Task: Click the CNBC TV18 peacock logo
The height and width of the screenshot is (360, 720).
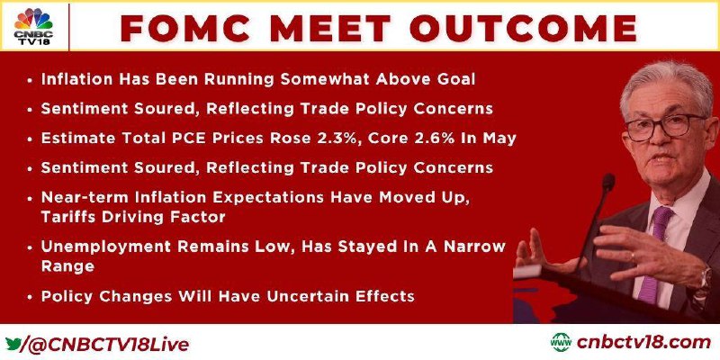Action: click(33, 26)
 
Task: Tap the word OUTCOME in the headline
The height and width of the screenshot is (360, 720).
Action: click(524, 28)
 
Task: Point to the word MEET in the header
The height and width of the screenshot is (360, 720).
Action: click(330, 28)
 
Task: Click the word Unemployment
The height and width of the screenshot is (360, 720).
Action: click(106, 247)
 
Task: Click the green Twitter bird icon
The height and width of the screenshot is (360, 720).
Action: click(13, 344)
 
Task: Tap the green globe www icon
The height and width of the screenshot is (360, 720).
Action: click(561, 343)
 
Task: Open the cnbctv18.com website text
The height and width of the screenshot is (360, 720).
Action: click(643, 343)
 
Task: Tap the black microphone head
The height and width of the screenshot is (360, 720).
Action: click(608, 183)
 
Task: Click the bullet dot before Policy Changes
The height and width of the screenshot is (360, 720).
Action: click(30, 297)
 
